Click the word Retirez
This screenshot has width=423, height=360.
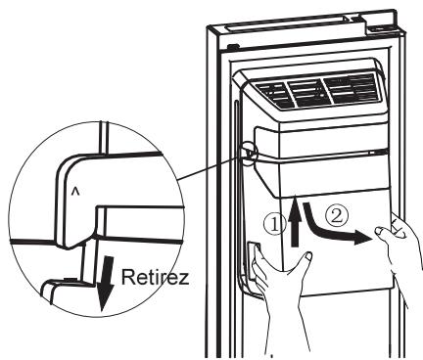click(x=156, y=278)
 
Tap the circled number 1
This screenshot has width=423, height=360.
click(x=275, y=224)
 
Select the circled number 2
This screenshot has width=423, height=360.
click(x=337, y=215)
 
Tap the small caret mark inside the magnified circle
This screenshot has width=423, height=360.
click(x=75, y=193)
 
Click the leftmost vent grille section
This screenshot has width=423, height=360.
click(x=274, y=95)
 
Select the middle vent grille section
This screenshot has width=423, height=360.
click(x=308, y=92)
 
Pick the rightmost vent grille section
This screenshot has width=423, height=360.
click(x=352, y=87)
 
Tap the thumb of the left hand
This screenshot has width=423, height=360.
click(x=305, y=259)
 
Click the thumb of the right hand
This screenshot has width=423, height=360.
click(x=382, y=233)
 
